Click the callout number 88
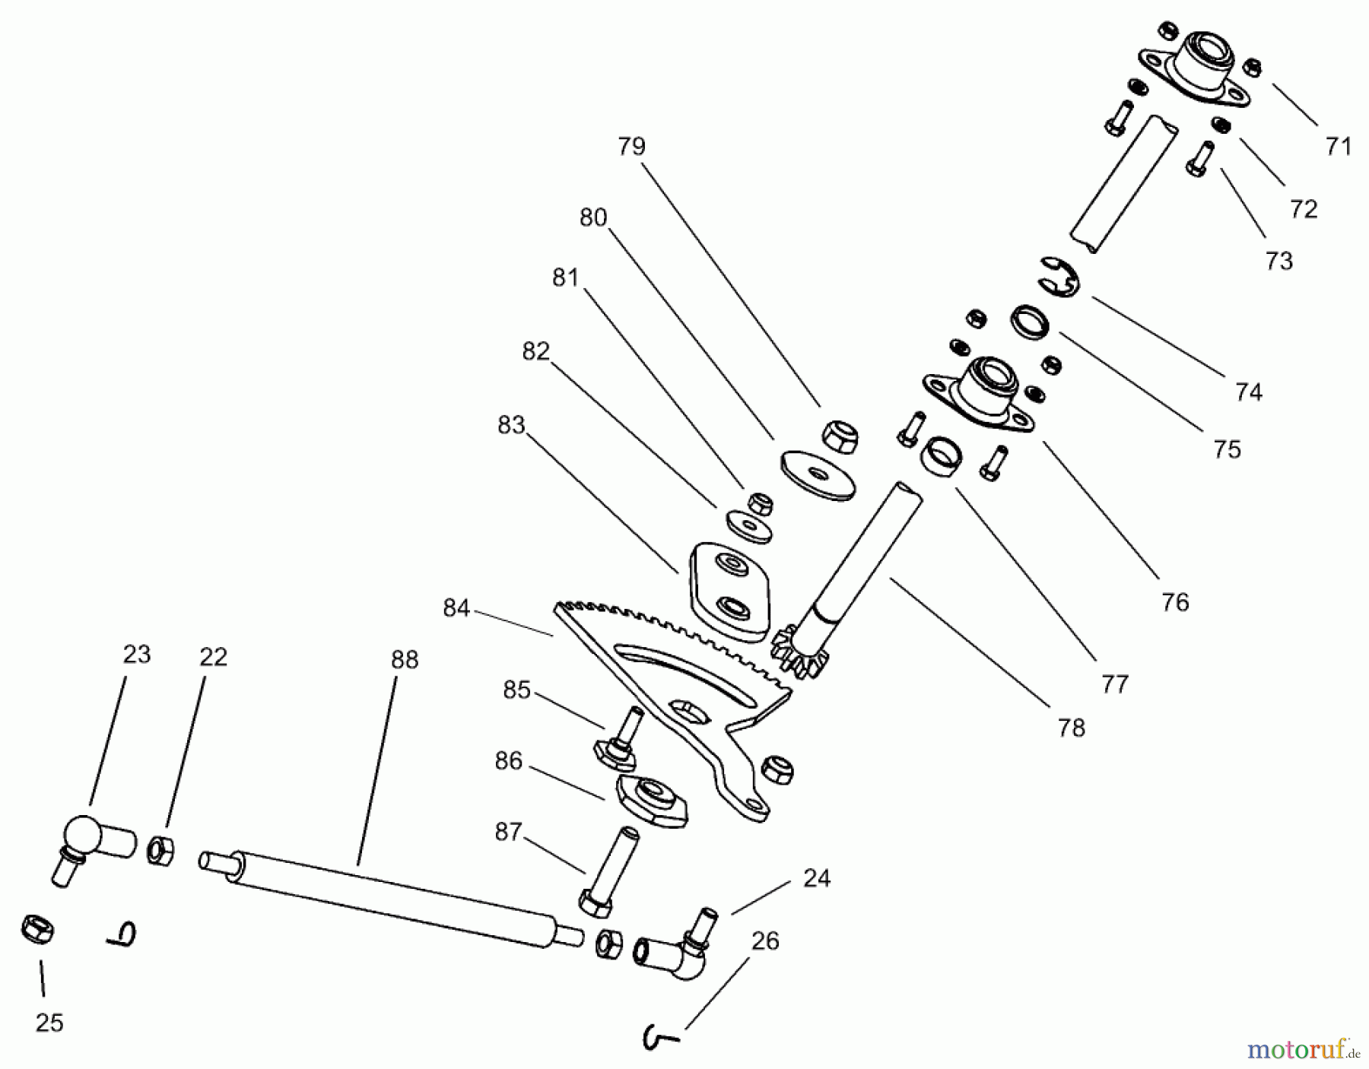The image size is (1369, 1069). (x=405, y=659)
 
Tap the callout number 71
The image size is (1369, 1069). (x=1338, y=146)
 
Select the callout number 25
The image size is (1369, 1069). (x=49, y=1023)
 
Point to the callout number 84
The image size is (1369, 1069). (x=456, y=608)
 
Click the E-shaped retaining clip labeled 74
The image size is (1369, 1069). (x=1059, y=277)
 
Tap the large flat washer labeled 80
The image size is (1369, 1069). (x=817, y=475)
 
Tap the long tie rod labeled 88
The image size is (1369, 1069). (x=395, y=897)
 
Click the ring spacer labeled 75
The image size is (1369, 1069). (x=1031, y=322)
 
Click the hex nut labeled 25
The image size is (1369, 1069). (x=36, y=929)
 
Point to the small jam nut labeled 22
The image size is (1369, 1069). (x=161, y=851)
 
